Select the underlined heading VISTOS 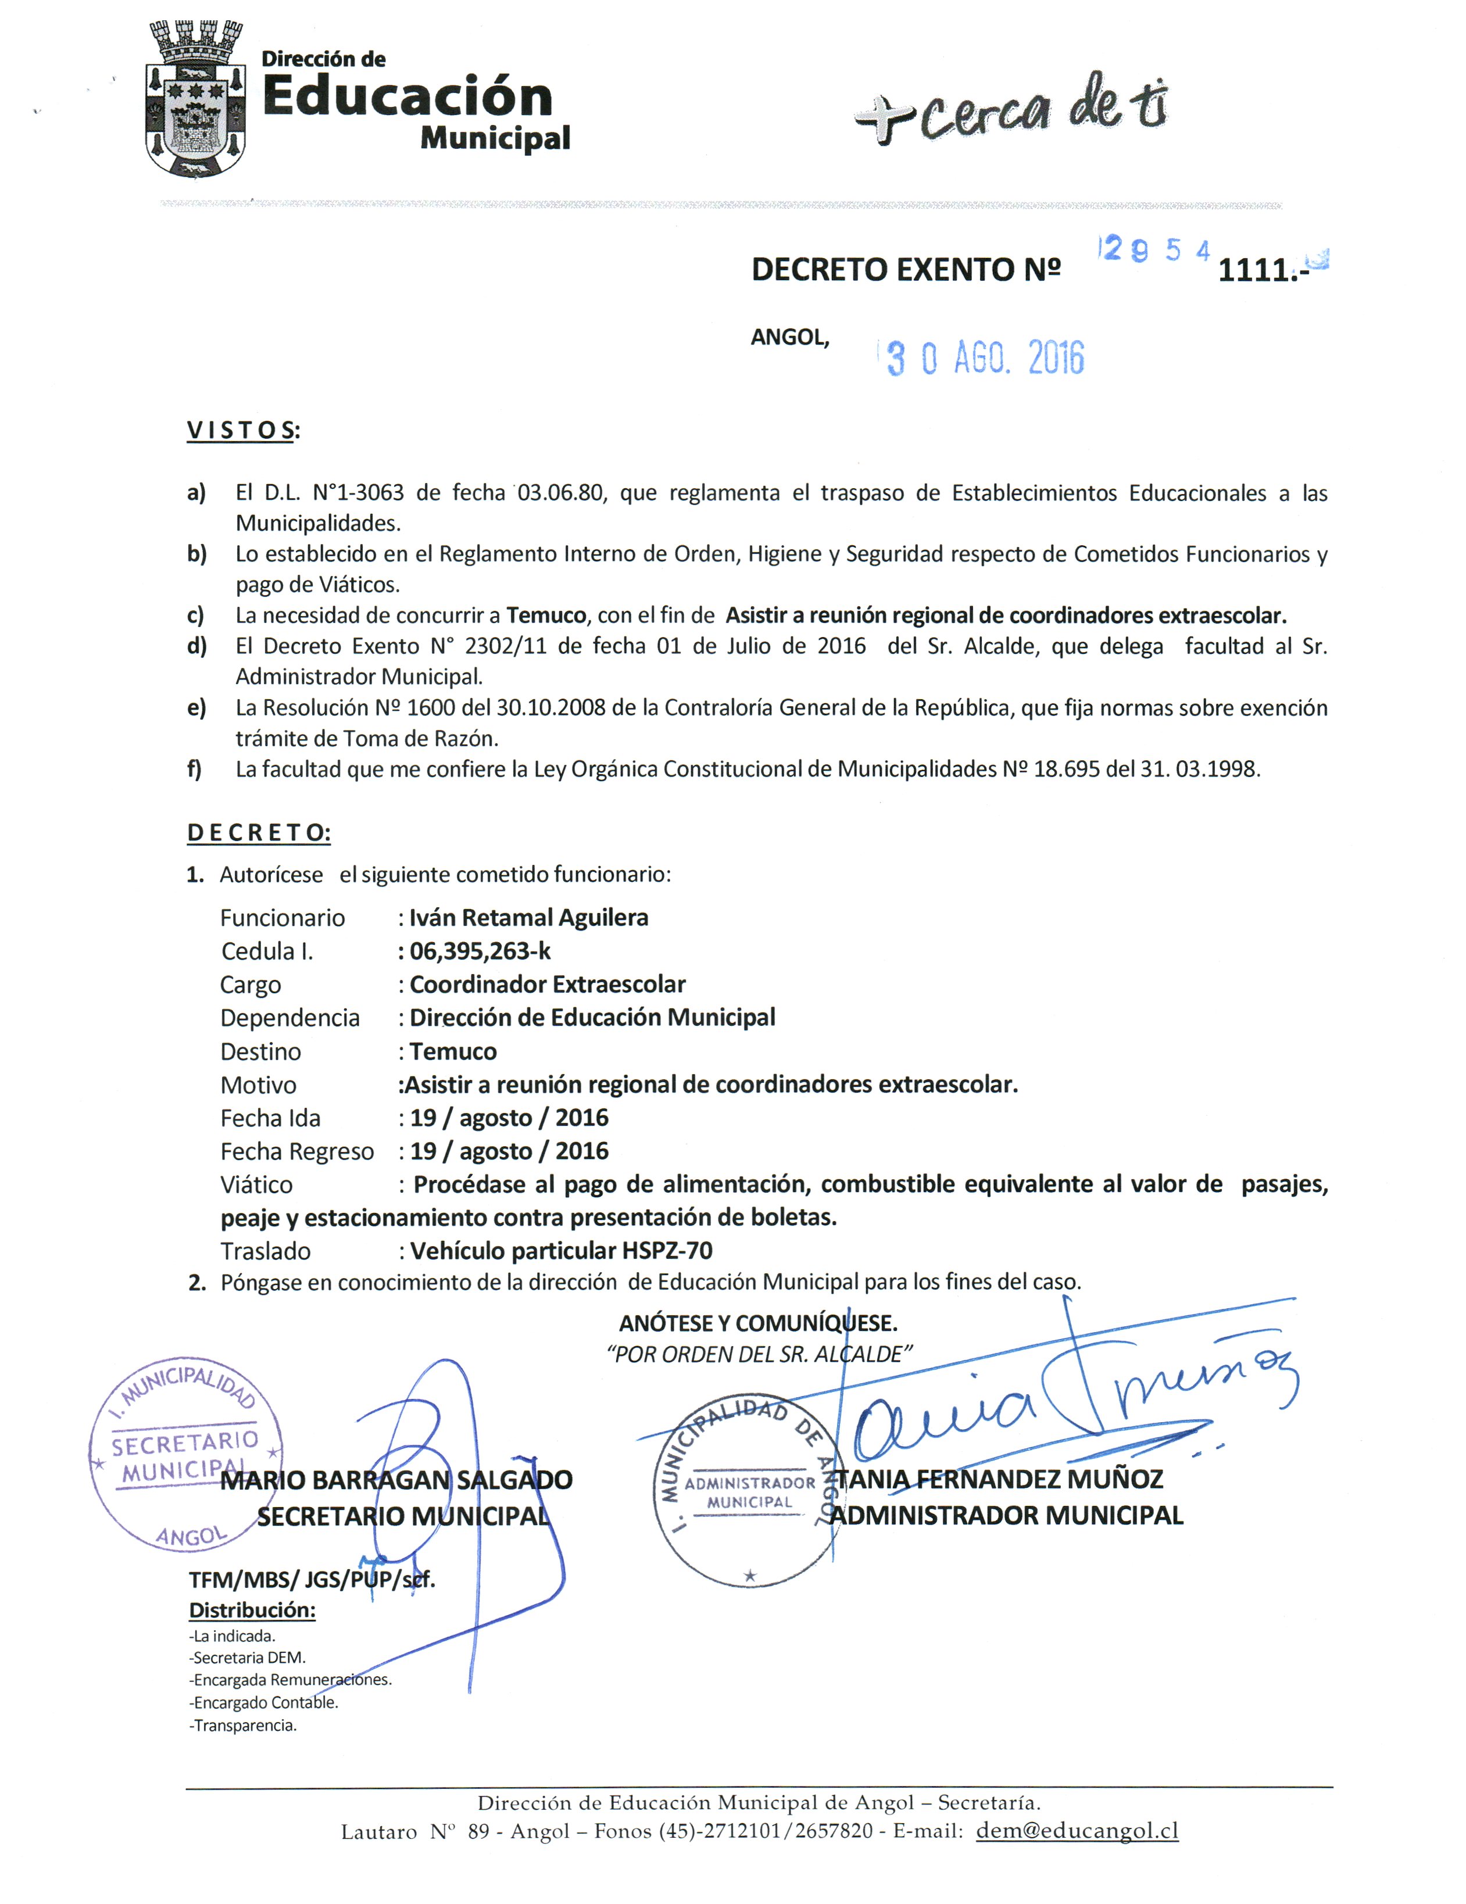241,431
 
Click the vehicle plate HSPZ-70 667,1251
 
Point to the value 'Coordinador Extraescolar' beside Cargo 548,985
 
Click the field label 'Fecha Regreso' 296,1152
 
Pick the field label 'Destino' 260,1051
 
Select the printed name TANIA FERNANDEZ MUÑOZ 999,1480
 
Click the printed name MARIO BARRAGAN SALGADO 397,1480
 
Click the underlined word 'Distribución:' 252,1610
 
